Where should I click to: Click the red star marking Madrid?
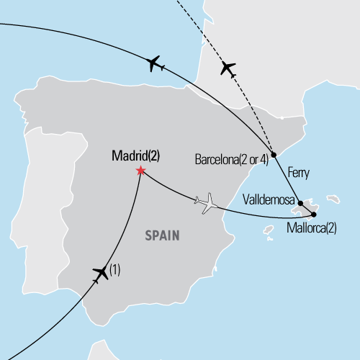click(140, 171)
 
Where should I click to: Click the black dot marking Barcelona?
click(274, 154)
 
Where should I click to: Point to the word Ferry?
click(297, 173)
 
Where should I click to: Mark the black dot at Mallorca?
click(313, 214)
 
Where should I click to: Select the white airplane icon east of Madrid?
click(207, 204)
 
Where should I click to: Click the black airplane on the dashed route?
click(228, 69)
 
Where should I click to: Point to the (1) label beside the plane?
click(114, 271)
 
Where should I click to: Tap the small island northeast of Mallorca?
click(333, 197)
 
